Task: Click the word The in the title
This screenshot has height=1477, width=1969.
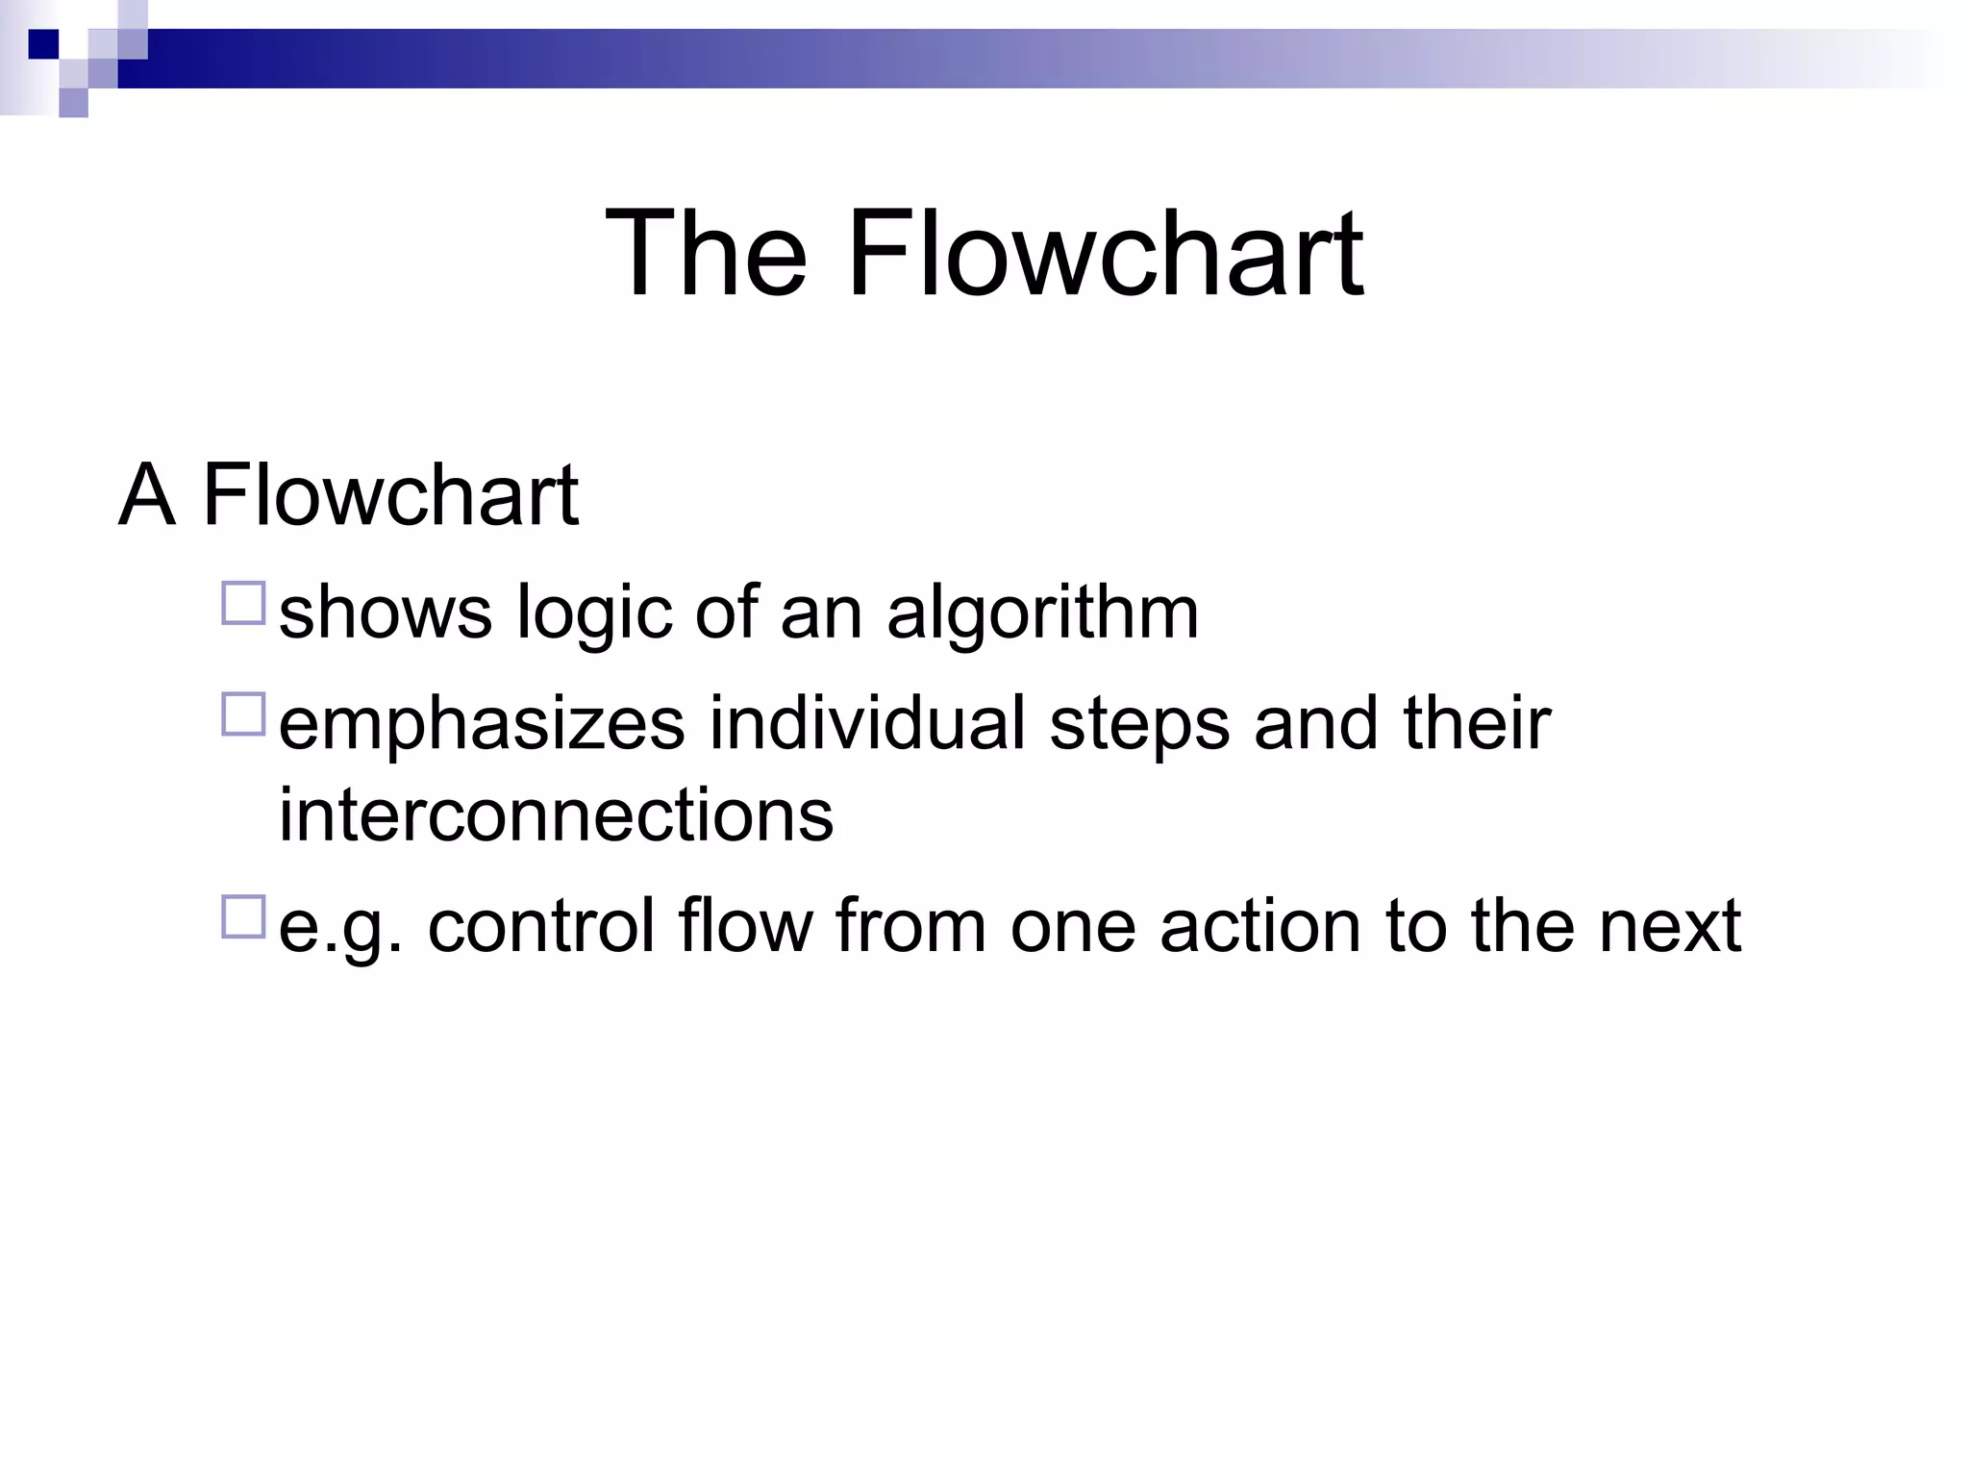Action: [707, 255]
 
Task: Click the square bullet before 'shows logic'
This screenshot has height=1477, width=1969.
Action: [243, 604]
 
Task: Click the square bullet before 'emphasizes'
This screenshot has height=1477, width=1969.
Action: [243, 714]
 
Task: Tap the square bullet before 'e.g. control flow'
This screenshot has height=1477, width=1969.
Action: [243, 916]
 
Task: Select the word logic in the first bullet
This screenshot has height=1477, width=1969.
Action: [593, 615]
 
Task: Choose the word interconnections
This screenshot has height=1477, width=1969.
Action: [556, 815]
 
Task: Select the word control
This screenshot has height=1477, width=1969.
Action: [540, 925]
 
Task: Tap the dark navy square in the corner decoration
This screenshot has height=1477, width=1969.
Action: [43, 44]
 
